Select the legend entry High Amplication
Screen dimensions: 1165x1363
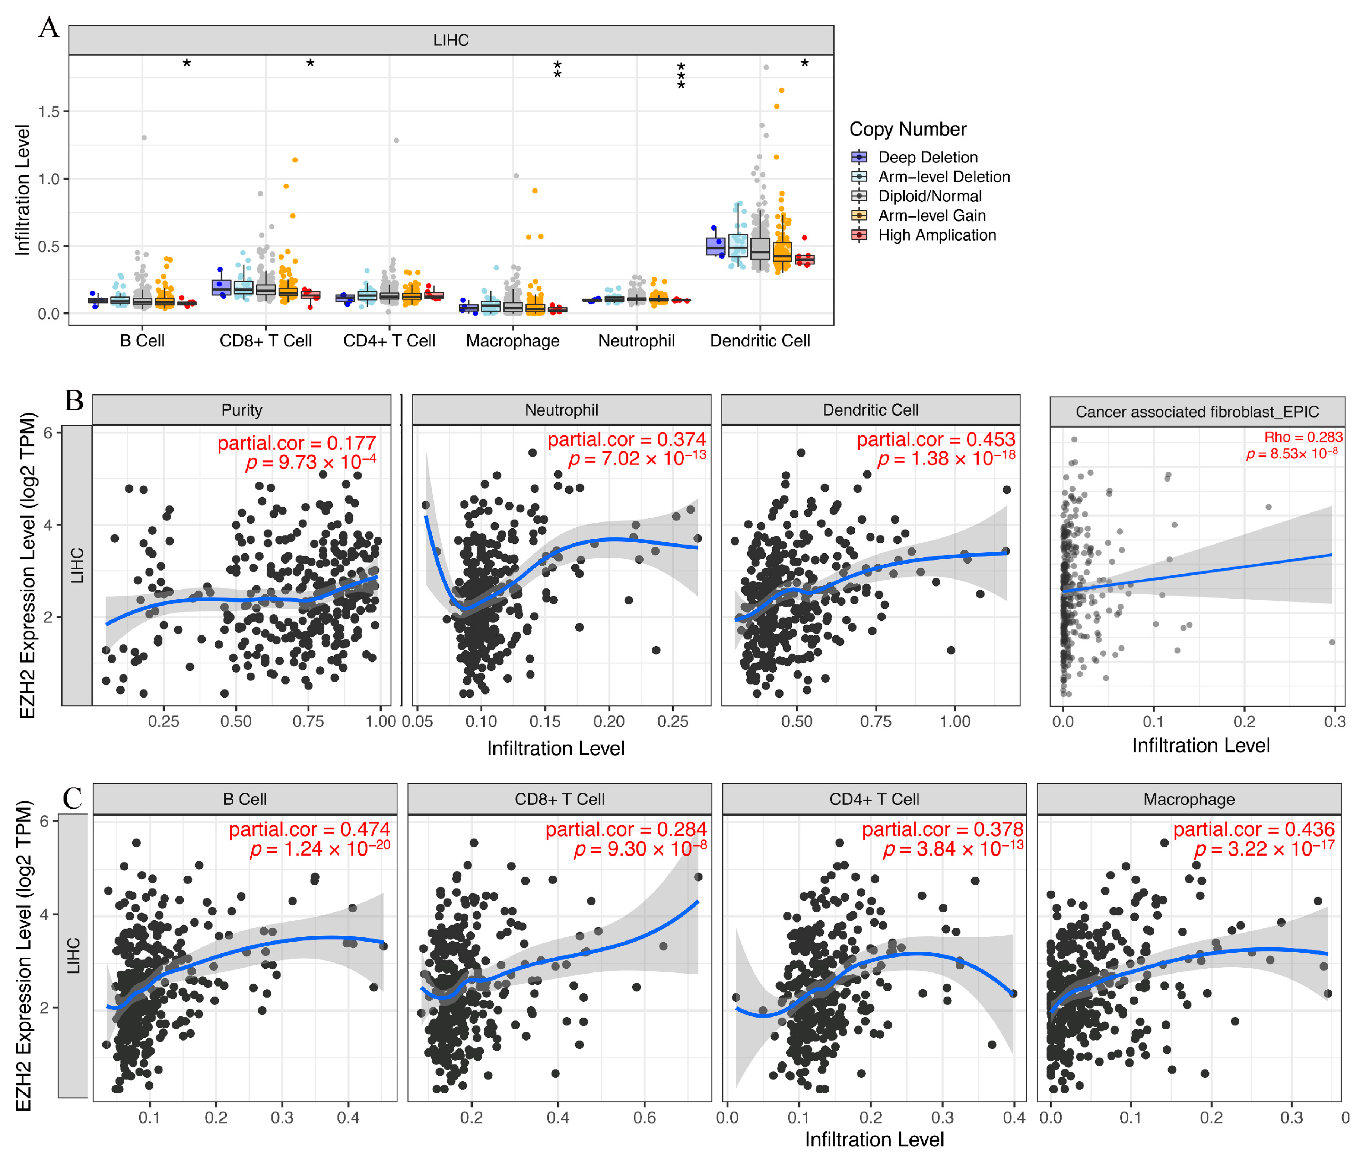(936, 235)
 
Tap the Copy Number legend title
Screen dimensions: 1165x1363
(908, 129)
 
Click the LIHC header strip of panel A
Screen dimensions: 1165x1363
(451, 40)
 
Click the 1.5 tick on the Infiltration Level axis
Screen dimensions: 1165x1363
(49, 112)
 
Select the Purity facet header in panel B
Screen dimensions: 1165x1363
(241, 410)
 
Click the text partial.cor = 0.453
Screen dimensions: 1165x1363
(935, 439)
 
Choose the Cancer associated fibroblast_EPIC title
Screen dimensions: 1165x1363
(1197, 412)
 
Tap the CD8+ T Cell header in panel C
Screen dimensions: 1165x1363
(559, 799)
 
